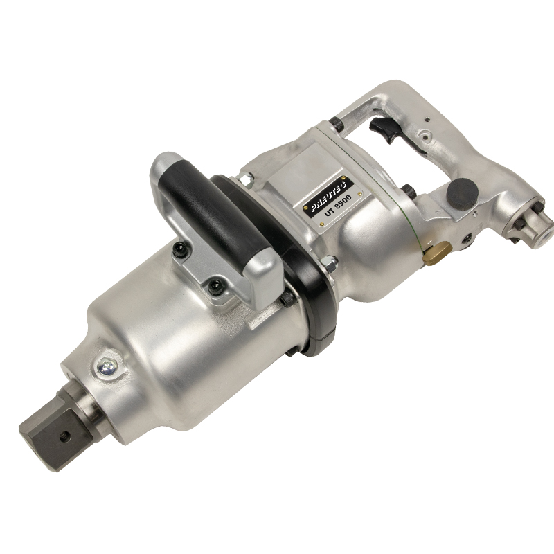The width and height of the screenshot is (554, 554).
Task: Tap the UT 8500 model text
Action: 335,209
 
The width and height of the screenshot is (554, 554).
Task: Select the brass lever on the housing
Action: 436,251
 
